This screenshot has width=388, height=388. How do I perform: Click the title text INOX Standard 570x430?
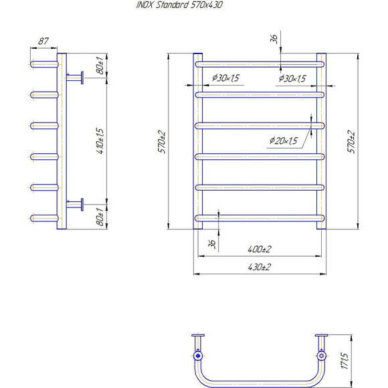(x=179, y=5)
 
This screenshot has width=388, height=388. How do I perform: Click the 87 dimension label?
(x=43, y=41)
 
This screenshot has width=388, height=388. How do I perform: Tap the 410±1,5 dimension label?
(x=100, y=141)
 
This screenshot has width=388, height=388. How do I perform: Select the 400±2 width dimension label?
(x=260, y=249)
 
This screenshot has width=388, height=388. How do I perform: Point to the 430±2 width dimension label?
(x=260, y=267)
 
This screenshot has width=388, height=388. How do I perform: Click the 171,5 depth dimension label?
(x=345, y=361)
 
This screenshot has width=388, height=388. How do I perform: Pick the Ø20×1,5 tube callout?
(x=284, y=140)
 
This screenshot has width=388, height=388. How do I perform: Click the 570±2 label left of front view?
(x=162, y=142)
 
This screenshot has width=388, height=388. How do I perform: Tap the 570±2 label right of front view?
(x=351, y=142)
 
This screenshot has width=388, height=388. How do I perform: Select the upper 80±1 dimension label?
(x=100, y=66)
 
